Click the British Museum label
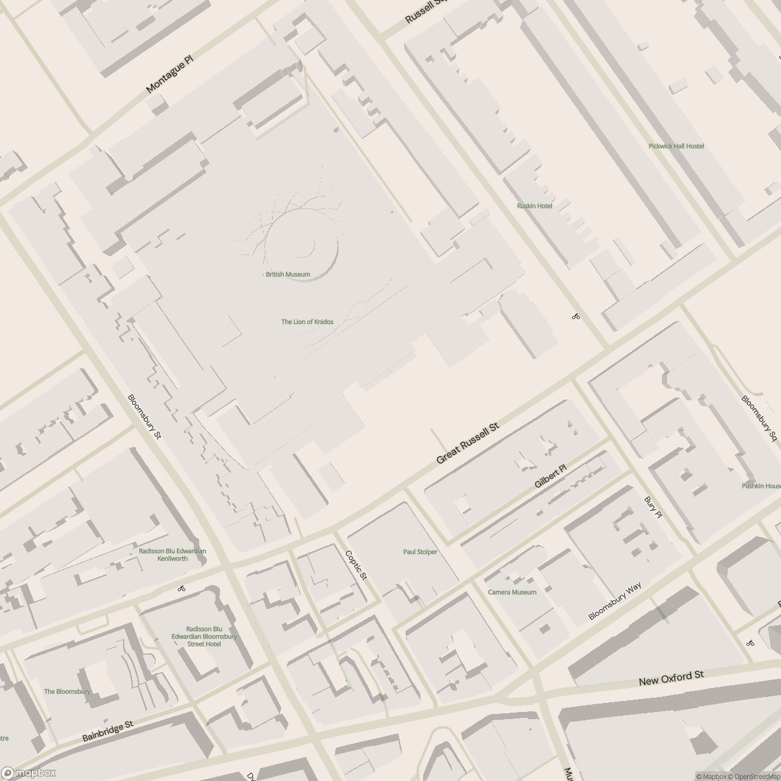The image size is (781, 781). click(288, 275)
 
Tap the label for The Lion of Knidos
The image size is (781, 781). click(307, 322)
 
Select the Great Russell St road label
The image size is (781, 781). click(467, 443)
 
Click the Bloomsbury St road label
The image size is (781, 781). click(144, 417)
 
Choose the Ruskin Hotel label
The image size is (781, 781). click(534, 206)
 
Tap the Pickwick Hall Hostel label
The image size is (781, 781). click(676, 146)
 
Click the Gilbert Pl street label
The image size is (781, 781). click(551, 476)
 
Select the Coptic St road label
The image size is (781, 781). click(357, 566)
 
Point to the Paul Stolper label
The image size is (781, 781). click(420, 552)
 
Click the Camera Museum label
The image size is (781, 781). click(512, 592)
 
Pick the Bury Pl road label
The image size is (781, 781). click(653, 507)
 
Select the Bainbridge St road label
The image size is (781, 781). click(108, 732)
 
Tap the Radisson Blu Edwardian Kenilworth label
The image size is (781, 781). click(172, 555)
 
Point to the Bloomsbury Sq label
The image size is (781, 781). click(760, 418)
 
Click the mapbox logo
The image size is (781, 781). click(29, 773)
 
